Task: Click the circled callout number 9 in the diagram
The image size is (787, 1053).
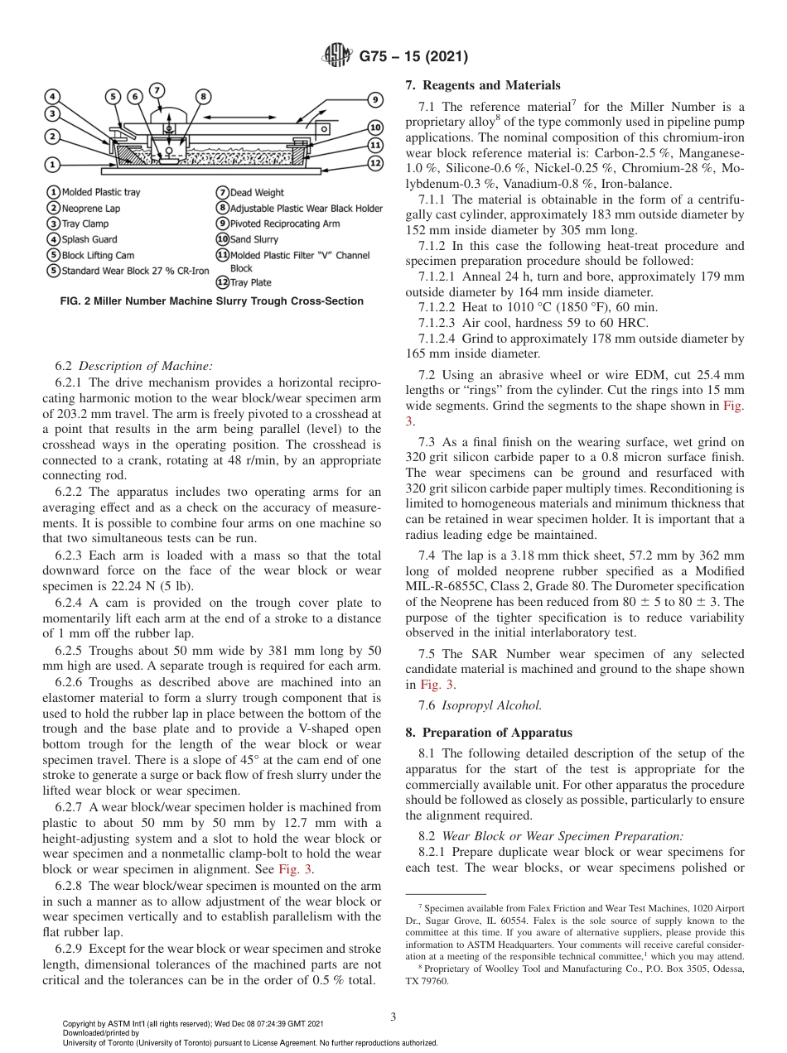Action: tap(375, 99)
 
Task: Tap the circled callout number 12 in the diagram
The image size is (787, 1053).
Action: tap(375, 163)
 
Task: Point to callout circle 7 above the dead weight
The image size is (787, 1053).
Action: tap(157, 89)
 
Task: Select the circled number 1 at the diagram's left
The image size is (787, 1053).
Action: tap(51, 164)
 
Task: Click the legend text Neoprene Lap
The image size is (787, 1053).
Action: tap(90, 209)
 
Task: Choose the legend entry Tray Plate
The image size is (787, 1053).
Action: tap(250, 282)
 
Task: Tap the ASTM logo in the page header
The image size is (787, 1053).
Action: tap(337, 57)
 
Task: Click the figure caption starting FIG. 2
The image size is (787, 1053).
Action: tap(212, 301)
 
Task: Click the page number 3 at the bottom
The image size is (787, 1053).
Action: tap(393, 1016)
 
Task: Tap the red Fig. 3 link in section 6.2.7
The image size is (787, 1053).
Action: tap(296, 869)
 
